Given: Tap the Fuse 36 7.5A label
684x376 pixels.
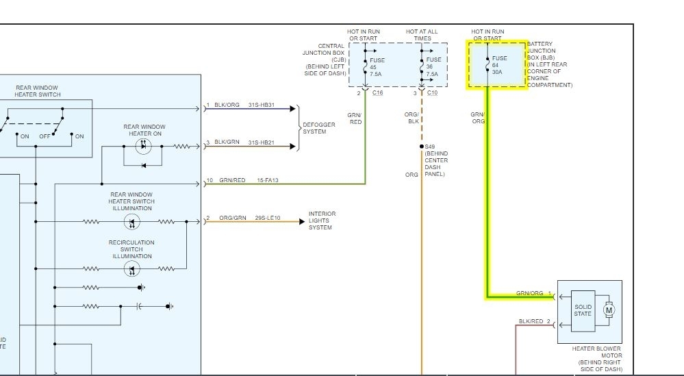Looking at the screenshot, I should coord(433,66).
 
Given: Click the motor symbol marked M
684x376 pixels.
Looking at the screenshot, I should coord(609,310).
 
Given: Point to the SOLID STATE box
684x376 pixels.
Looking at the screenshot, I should coord(583,310).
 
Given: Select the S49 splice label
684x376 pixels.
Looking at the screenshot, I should coord(429,147).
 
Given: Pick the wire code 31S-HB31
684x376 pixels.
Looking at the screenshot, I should coord(261,105).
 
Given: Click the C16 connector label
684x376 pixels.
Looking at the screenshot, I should coord(377,92).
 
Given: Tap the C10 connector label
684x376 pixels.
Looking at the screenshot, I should coord(433,92).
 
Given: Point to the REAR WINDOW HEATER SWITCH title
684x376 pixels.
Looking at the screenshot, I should coord(38,91).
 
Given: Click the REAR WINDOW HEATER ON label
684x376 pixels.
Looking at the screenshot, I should coord(144,130).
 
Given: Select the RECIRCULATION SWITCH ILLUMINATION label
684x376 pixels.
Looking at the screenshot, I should coord(131,249).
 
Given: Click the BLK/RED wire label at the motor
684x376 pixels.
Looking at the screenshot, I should coord(531,321).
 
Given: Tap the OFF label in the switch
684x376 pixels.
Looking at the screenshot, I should coord(45,136).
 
